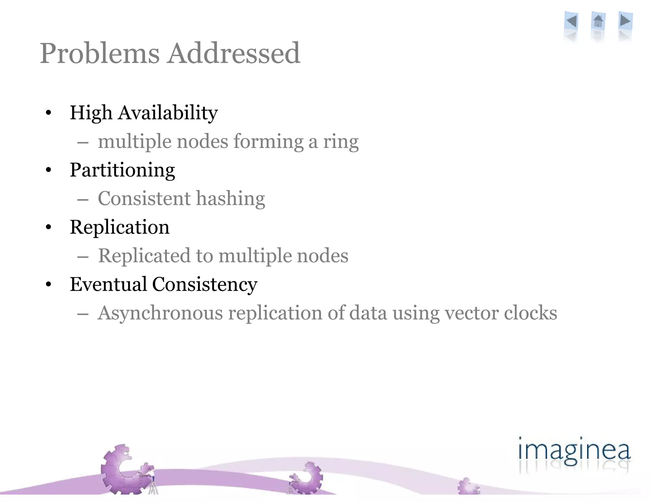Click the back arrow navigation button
(x=571, y=21)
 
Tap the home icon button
(x=598, y=21)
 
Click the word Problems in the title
(x=99, y=53)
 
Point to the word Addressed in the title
(x=234, y=53)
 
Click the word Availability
(x=168, y=113)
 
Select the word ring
(x=341, y=142)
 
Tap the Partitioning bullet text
(x=122, y=170)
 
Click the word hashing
(x=230, y=199)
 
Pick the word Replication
(x=120, y=227)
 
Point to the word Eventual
(x=108, y=284)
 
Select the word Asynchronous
(x=160, y=313)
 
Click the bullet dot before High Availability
(x=48, y=113)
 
